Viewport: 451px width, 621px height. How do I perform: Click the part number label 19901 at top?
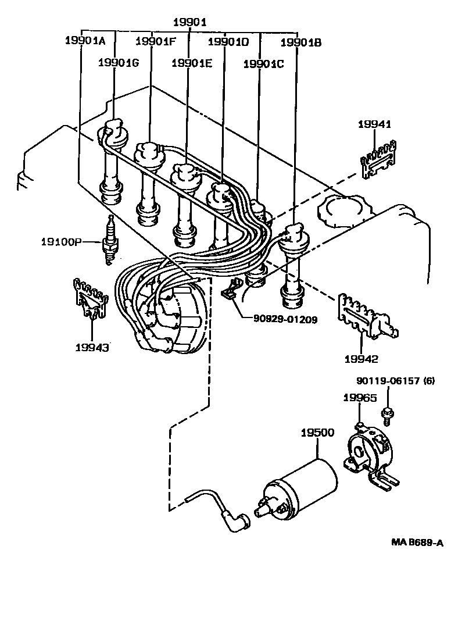(190, 23)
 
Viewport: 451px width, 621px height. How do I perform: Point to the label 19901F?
(155, 41)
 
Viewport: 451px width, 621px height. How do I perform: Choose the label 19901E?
(191, 63)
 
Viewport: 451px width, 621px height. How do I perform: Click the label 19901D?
(228, 41)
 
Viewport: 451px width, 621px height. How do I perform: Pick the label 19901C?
(263, 63)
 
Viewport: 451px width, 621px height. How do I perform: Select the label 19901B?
(300, 42)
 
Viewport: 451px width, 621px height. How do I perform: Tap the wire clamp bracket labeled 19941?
(378, 158)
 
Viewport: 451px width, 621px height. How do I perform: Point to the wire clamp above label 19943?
(88, 300)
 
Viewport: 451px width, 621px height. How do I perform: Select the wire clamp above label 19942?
(366, 317)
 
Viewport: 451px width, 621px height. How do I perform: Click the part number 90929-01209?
(285, 319)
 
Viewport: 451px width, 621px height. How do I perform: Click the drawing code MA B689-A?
(417, 543)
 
